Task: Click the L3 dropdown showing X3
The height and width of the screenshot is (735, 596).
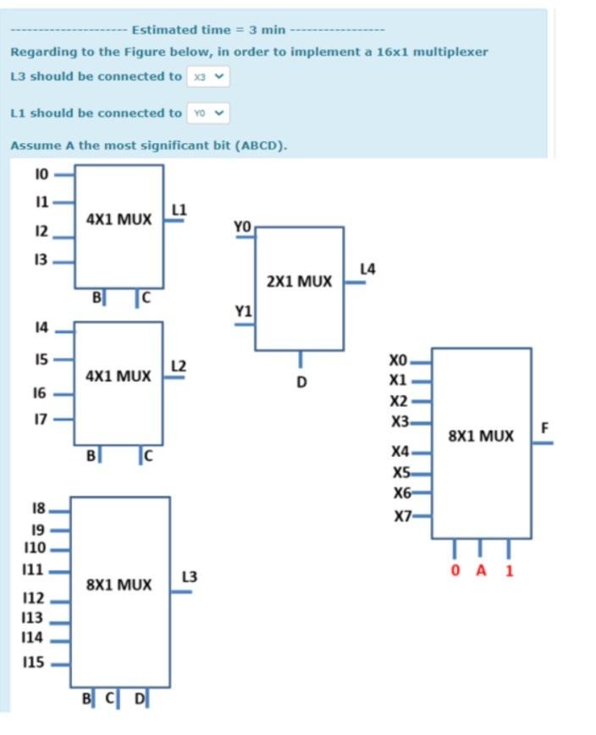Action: [208, 76]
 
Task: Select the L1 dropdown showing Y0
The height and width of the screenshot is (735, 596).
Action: [208, 112]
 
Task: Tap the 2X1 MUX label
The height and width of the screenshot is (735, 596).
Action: [299, 281]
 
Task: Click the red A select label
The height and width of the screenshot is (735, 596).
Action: [481, 570]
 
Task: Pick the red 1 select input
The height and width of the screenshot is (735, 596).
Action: [509, 570]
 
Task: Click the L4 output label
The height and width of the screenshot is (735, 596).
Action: [367, 269]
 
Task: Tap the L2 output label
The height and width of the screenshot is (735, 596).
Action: [178, 365]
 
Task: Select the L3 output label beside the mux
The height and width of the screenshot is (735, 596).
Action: [189, 577]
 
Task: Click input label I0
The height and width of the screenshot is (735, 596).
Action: [41, 175]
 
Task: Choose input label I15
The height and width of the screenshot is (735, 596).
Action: [34, 662]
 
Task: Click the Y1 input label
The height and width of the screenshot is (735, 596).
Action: [243, 312]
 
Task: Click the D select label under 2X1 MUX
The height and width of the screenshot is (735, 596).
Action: [301, 382]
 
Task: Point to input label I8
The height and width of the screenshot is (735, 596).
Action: [37, 508]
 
